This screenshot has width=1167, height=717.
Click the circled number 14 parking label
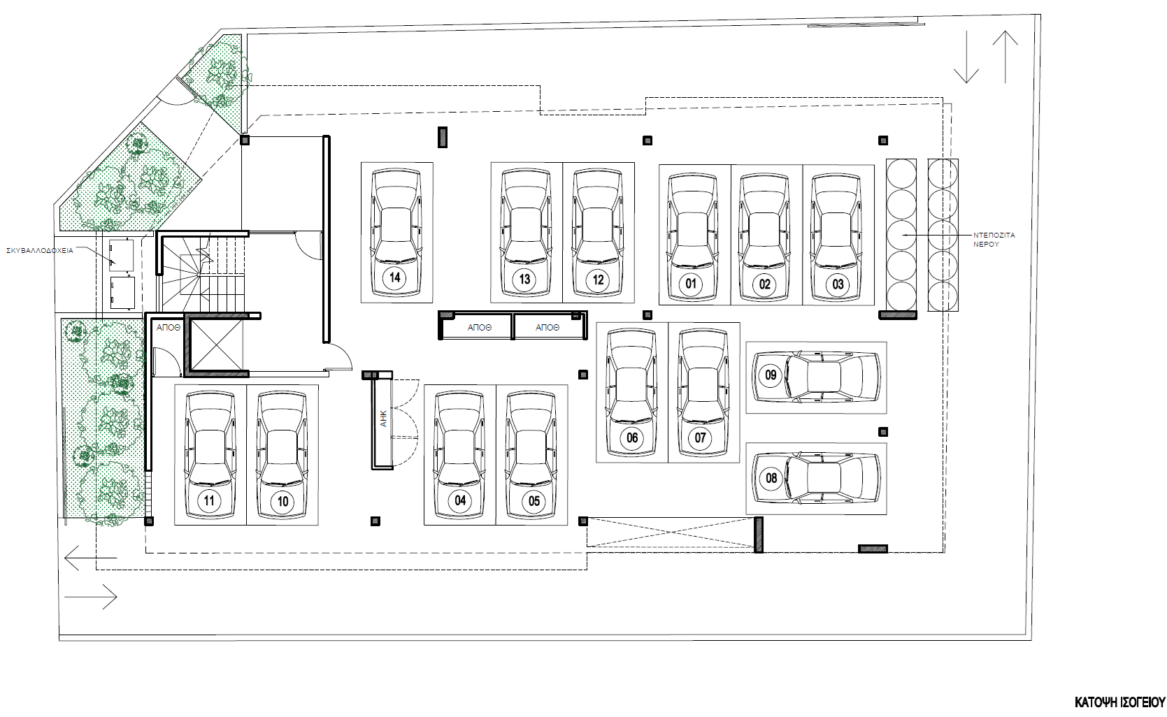pyautogui.click(x=394, y=277)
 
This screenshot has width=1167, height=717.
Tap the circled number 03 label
pyautogui.click(x=838, y=284)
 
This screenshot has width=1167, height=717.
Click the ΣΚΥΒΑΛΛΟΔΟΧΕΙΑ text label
pyautogui.click(x=40, y=250)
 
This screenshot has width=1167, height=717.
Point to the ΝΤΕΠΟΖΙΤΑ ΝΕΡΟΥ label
pyautogui.click(x=994, y=240)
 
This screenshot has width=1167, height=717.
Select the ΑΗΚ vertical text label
pyautogui.click(x=383, y=419)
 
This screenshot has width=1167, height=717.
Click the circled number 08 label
pyautogui.click(x=771, y=478)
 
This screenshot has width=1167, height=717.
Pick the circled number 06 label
pyautogui.click(x=632, y=438)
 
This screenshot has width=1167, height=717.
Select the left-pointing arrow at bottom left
pyautogui.click(x=90, y=559)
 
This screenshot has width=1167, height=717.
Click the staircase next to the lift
pyautogui.click(x=203, y=273)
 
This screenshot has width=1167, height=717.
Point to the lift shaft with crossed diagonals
pyautogui.click(x=217, y=344)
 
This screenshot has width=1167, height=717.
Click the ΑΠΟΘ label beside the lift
pyautogui.click(x=168, y=327)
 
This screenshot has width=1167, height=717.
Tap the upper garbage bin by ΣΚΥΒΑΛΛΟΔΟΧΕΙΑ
pyautogui.click(x=122, y=254)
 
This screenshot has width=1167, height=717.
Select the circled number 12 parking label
pyautogui.click(x=598, y=280)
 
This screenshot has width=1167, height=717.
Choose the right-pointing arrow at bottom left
pyautogui.click(x=90, y=597)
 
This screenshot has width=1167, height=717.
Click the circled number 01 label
pyautogui.click(x=691, y=284)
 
